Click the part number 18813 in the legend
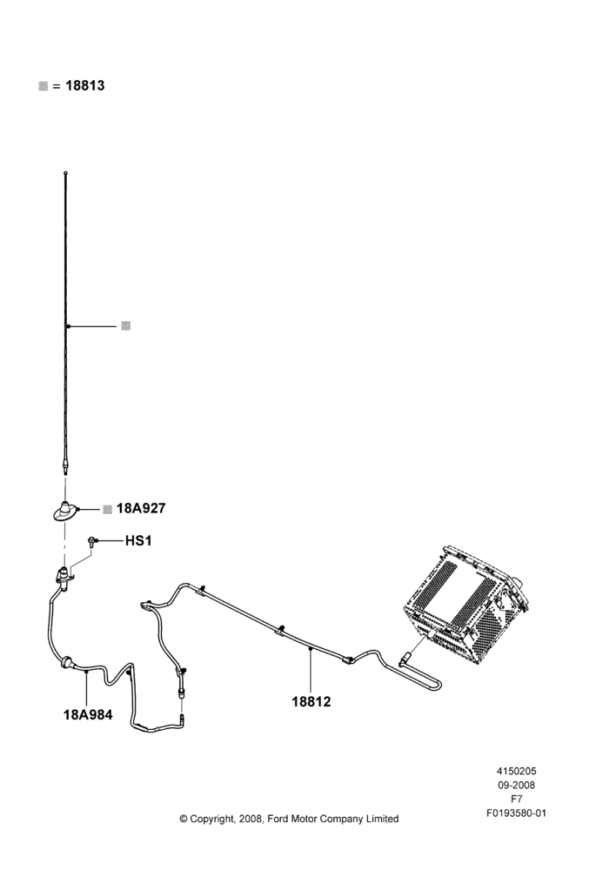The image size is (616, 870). (85, 86)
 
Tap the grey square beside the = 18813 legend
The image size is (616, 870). (44, 86)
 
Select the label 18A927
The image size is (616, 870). (141, 509)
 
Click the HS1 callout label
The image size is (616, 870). (138, 540)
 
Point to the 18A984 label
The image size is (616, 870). (88, 714)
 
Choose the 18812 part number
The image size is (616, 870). (311, 702)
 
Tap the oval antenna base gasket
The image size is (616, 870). (65, 511)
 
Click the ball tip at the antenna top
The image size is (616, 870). (65, 173)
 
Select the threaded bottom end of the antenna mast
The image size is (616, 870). (65, 468)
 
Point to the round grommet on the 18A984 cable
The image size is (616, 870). (68, 662)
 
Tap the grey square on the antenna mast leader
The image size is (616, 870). (126, 325)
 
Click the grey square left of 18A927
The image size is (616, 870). (108, 509)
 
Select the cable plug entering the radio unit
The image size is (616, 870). (406, 659)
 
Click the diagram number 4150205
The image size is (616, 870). (516, 771)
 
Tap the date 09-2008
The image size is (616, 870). (516, 785)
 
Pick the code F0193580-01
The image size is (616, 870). (516, 813)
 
